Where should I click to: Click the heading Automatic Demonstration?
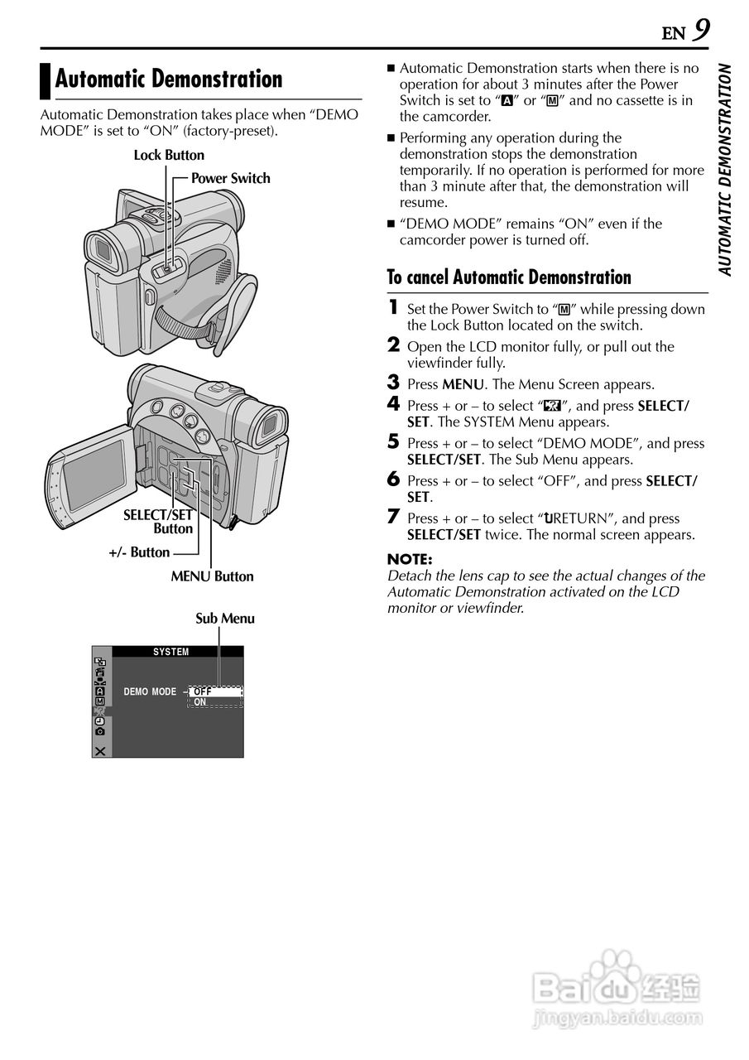(169, 79)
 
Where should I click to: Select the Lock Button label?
(169, 155)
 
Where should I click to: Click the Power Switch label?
(230, 178)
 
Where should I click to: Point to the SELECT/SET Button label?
(158, 522)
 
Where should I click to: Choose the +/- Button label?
(139, 552)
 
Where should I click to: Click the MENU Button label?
(212, 576)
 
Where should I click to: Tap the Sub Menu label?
(224, 619)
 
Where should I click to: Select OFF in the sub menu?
(203, 691)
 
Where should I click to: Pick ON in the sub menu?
(200, 702)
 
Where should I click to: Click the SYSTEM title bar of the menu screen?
(171, 652)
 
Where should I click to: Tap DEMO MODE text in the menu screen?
(150, 691)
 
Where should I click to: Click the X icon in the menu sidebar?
(100, 750)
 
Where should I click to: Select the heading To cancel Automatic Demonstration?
(509, 277)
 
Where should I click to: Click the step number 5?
(394, 442)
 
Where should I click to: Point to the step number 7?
(394, 518)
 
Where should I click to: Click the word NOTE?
(410, 560)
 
